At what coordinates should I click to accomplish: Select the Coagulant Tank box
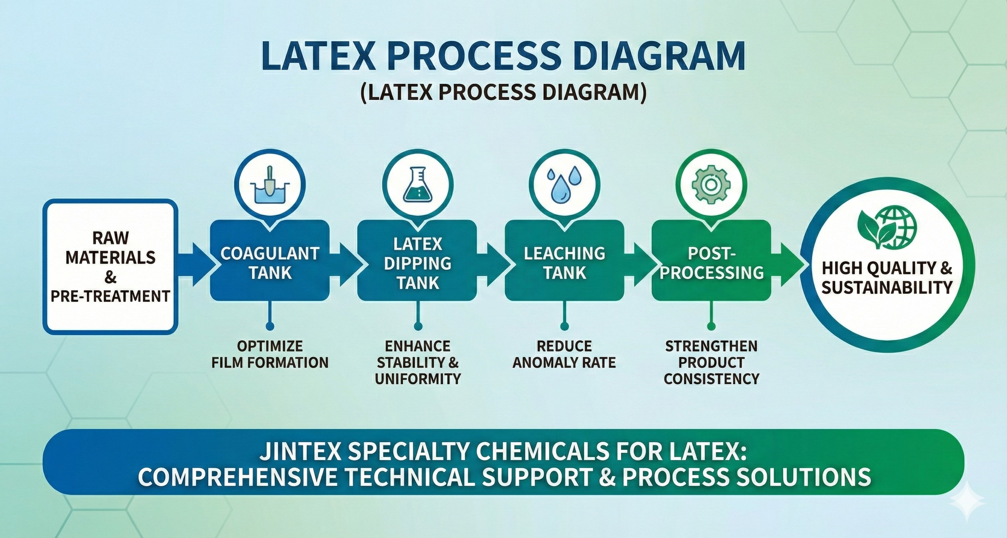[x=270, y=260]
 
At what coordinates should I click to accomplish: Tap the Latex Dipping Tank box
[x=417, y=260]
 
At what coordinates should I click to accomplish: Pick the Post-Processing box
[x=712, y=260]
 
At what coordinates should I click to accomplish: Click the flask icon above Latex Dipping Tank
[x=418, y=186]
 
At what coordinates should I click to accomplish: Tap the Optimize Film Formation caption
[x=270, y=354]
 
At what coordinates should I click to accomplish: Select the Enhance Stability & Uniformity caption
[x=417, y=362]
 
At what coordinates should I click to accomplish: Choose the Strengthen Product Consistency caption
[x=712, y=362]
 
